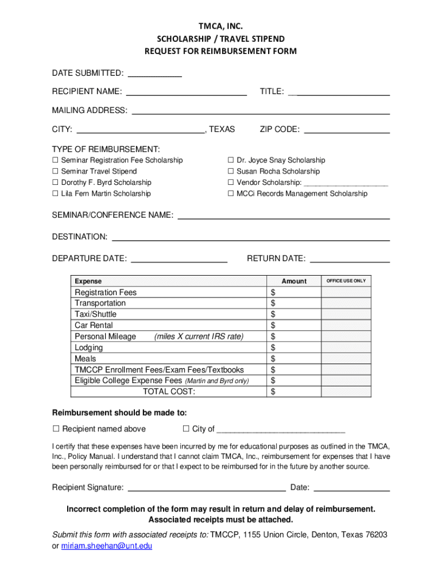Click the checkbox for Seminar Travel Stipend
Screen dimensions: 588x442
[x=56, y=171]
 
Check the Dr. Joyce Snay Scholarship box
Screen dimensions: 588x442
[x=231, y=160]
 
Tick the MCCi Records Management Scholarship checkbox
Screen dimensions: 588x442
[x=231, y=194]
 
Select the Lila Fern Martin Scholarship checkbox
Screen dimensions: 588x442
[x=56, y=194]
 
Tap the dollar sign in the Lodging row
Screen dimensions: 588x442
[x=273, y=347]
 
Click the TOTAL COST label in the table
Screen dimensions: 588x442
[x=169, y=392]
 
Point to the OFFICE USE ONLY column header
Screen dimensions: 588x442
[x=346, y=281]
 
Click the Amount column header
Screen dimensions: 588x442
[x=294, y=281]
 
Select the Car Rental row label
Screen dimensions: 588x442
[x=94, y=325]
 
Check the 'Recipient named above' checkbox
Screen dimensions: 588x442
[x=56, y=428]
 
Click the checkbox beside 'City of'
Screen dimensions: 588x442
[x=186, y=428]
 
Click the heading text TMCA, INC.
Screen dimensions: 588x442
[x=220, y=26]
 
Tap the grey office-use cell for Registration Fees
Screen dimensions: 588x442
[x=346, y=292]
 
